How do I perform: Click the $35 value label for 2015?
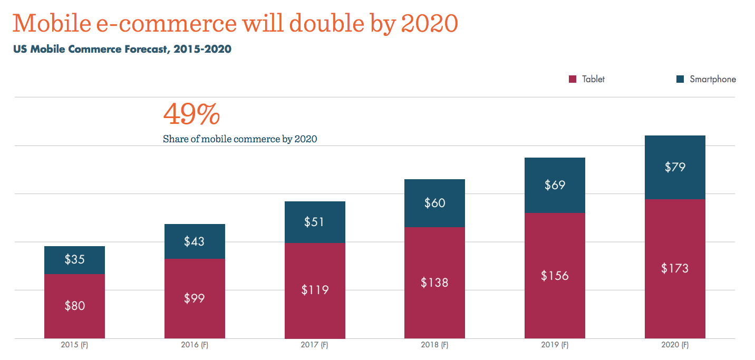pos(74,259)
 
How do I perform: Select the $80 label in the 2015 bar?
pos(74,305)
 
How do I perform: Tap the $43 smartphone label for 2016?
pos(194,241)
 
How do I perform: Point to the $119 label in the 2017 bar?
pos(315,289)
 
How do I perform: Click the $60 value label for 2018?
pos(434,203)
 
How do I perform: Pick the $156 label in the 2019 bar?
pos(555,275)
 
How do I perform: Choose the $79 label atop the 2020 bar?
pos(675,167)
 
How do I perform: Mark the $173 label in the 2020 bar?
pos(675,268)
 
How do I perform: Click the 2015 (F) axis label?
pos(74,346)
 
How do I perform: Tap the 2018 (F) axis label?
pos(434,346)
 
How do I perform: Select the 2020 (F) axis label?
pos(675,346)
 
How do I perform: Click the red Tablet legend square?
pos(573,80)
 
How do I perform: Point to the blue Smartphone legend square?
pos(680,80)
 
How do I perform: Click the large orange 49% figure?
pos(191,114)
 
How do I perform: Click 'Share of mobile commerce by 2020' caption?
pos(240,139)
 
